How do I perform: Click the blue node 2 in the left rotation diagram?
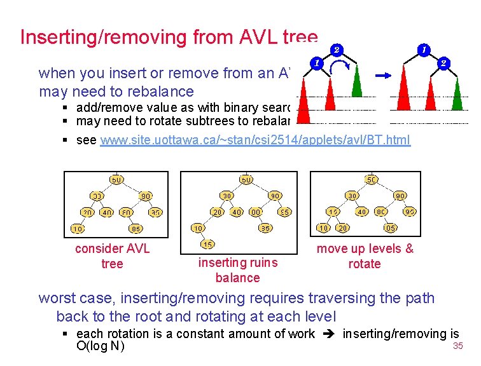pyautogui.click(x=336, y=49)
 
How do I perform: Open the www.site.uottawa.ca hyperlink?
pyautogui.click(x=255, y=139)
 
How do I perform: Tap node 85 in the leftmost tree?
pyautogui.click(x=135, y=228)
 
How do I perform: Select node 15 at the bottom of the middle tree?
pyautogui.click(x=208, y=244)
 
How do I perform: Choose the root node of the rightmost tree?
pyautogui.click(x=372, y=180)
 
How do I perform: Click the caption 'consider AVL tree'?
pyautogui.click(x=112, y=255)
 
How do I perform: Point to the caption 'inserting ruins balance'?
pyautogui.click(x=237, y=269)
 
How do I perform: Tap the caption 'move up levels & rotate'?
pyautogui.click(x=365, y=255)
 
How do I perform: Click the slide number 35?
pyautogui.click(x=457, y=346)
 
